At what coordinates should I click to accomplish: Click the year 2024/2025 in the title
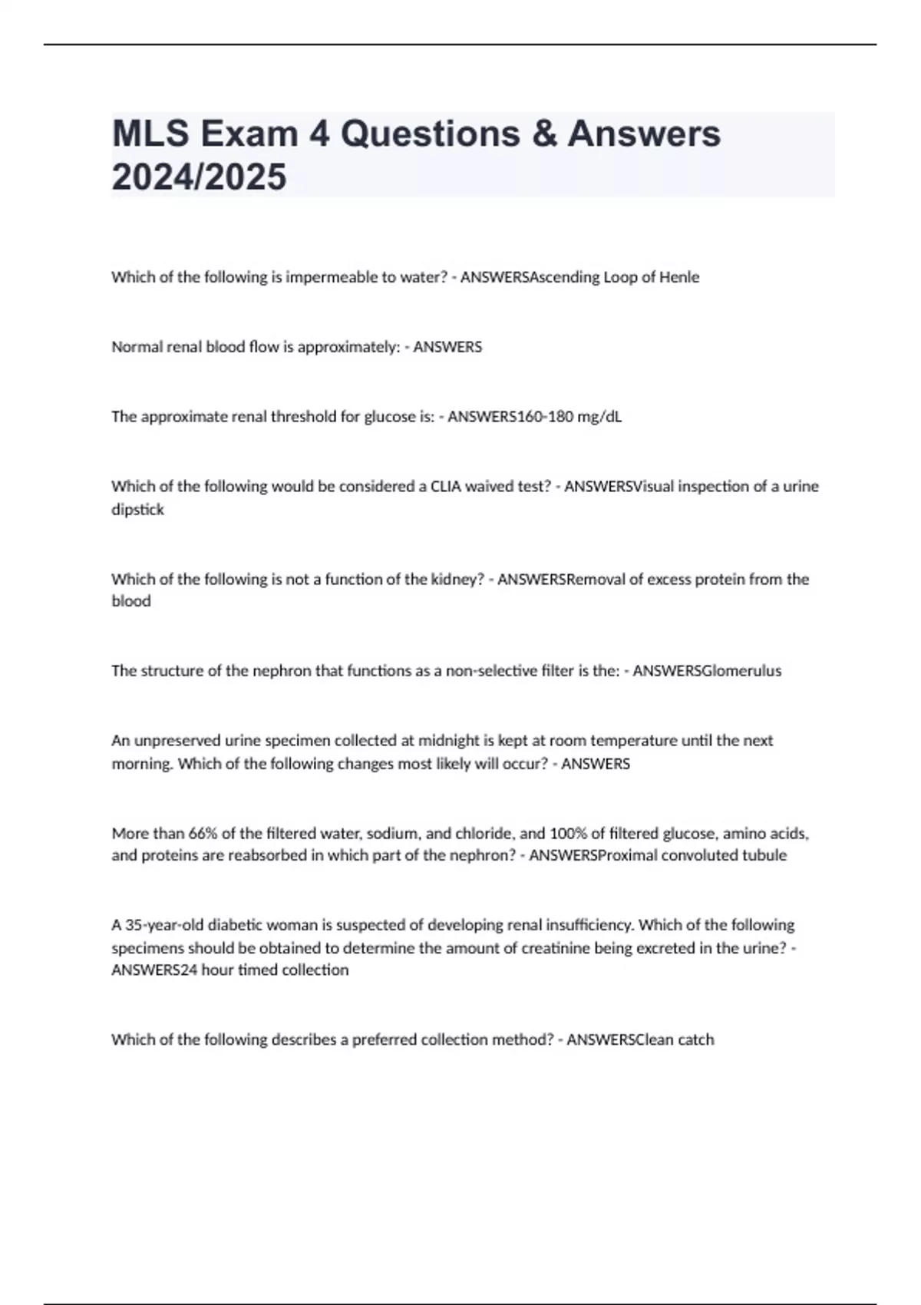pos(199,177)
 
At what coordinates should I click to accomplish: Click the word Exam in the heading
pos(249,134)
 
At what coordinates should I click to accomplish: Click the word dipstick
pos(137,510)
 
